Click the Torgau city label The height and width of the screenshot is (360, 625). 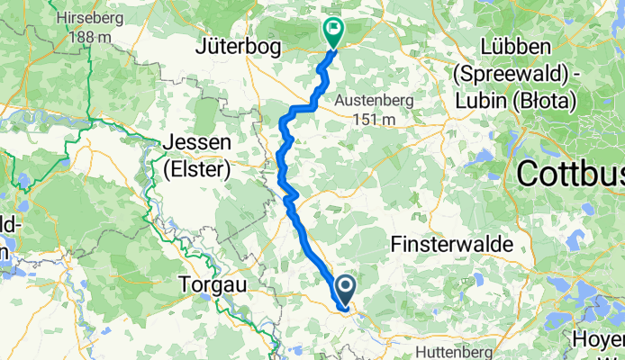tap(213, 283)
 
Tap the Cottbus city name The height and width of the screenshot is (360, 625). tap(573, 172)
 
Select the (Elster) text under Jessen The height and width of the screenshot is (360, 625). tap(198, 167)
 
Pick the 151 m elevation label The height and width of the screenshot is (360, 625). tap(375, 119)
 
